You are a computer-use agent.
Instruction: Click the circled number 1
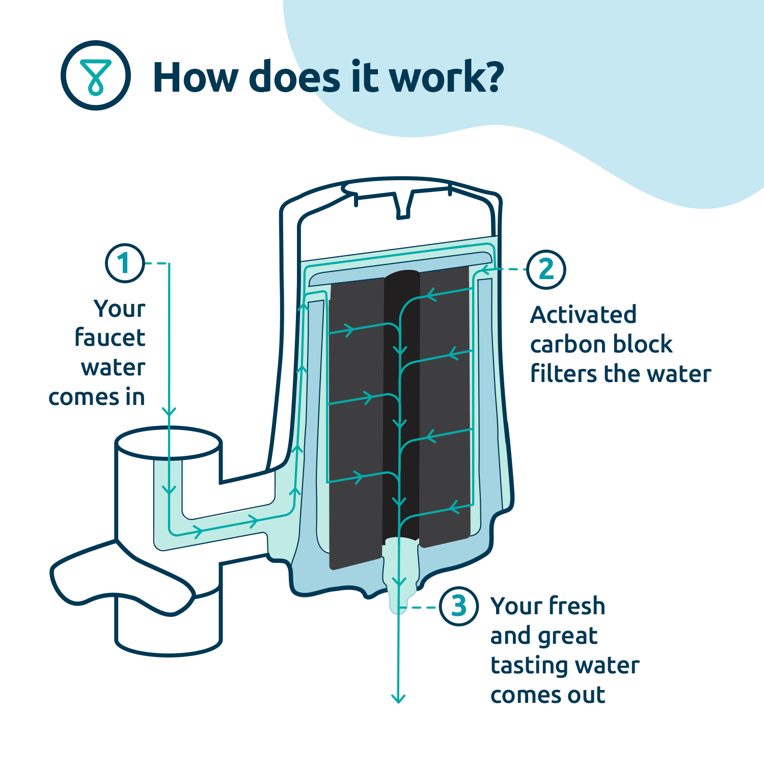click(x=125, y=263)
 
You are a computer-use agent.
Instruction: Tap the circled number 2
click(x=546, y=269)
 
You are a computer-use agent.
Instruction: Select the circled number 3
click(x=458, y=606)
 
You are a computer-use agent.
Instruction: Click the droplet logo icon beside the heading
click(x=96, y=75)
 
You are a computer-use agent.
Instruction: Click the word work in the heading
click(x=446, y=77)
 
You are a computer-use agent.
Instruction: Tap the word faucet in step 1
click(x=110, y=338)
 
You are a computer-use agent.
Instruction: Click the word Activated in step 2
click(x=583, y=315)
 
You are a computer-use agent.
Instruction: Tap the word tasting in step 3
click(x=527, y=666)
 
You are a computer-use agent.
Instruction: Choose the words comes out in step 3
click(x=548, y=695)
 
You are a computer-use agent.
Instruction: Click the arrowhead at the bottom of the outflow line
click(x=398, y=699)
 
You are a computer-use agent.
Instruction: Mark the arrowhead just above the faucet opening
click(x=169, y=412)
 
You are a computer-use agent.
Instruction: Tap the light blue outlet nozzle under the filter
click(x=400, y=576)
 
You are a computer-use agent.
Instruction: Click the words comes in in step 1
click(x=97, y=397)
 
